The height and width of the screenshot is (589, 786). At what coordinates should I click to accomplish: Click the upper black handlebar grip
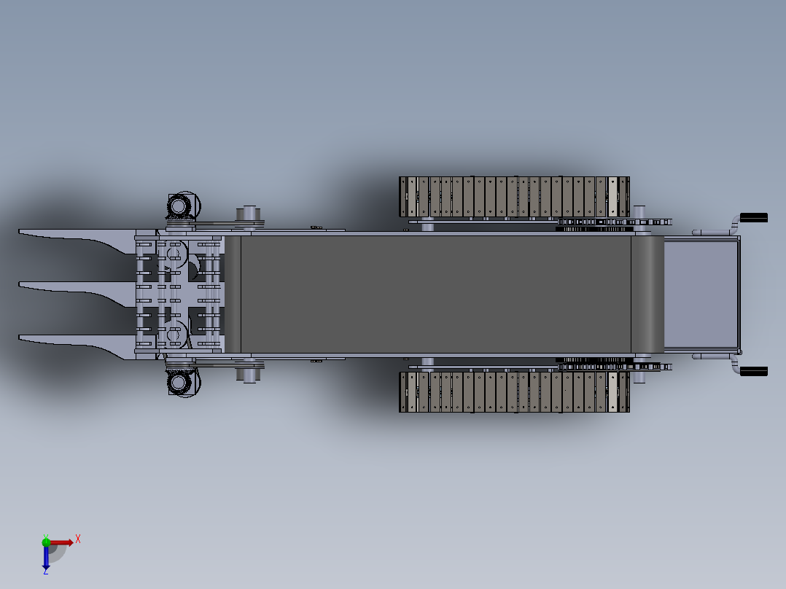pyautogui.click(x=754, y=217)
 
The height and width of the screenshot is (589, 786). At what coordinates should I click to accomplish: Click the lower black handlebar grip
pyautogui.click(x=754, y=372)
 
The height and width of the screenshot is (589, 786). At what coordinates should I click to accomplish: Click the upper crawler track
pyautogui.click(x=514, y=197)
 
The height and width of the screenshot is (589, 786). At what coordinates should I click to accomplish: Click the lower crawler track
pyautogui.click(x=514, y=391)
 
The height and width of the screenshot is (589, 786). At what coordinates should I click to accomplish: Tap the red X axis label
pyautogui.click(x=78, y=539)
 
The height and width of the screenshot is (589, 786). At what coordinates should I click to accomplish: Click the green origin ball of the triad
pyautogui.click(x=46, y=542)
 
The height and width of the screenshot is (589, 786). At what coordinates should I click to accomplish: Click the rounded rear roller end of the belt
pyautogui.click(x=647, y=294)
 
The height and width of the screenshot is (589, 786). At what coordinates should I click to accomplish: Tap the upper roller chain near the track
pyautogui.click(x=594, y=228)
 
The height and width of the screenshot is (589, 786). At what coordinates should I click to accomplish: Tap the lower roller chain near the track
pyautogui.click(x=594, y=360)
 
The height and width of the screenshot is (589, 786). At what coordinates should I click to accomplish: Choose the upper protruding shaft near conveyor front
pyautogui.click(x=248, y=214)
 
